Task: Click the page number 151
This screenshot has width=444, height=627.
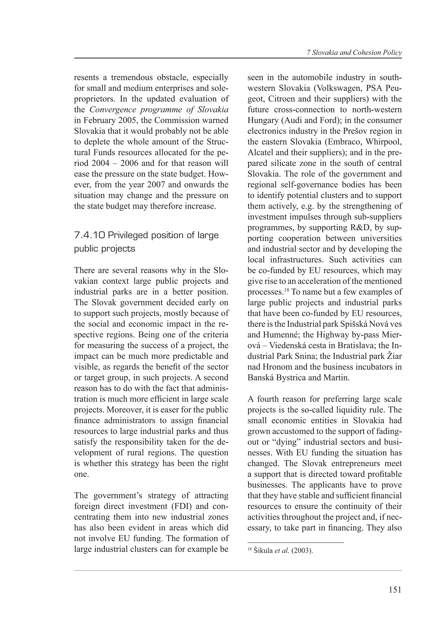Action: click(x=395, y=590)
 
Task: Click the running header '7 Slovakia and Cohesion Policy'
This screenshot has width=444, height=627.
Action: click(x=354, y=53)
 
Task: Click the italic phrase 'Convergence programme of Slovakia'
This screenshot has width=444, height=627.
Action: click(x=159, y=109)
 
